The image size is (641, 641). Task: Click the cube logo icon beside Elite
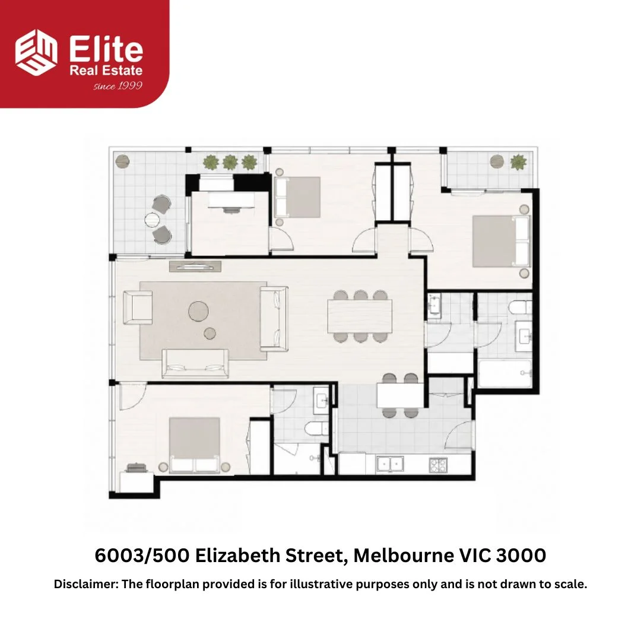coord(36,52)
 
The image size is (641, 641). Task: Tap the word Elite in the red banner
coord(106,49)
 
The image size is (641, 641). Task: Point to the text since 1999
coord(118,86)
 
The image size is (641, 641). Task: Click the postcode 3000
coord(521,556)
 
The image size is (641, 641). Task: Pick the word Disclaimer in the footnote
coord(86,584)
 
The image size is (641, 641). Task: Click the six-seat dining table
coord(360,316)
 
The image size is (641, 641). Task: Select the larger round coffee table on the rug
coord(198,311)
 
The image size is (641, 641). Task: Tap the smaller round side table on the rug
coord(210,334)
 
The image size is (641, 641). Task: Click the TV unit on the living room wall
coord(195,266)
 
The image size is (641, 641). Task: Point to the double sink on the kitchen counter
coord(389,464)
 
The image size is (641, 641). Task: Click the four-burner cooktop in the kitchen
coord(438,465)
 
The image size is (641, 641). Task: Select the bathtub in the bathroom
coord(505,373)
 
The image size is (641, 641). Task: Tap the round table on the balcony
coord(153,220)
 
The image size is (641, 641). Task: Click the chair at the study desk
coord(232,210)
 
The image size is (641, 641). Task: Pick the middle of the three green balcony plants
coord(230,162)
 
